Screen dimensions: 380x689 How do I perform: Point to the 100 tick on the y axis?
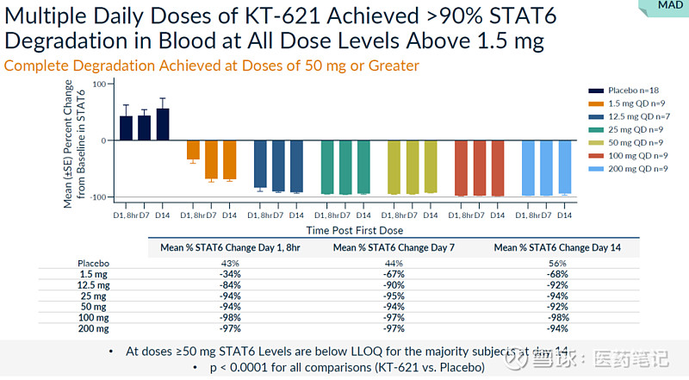(98, 84)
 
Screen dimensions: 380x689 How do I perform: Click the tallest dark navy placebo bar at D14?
(162, 124)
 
